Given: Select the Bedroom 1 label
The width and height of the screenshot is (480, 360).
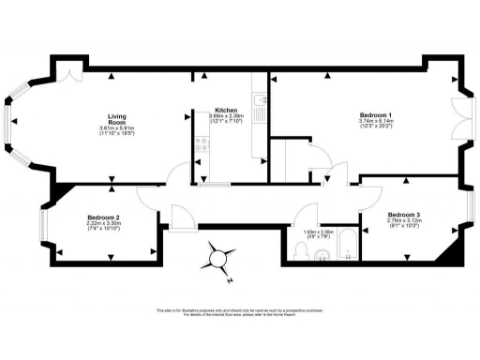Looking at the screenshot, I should (350, 114).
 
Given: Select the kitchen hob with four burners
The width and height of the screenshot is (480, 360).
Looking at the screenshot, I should (200, 143).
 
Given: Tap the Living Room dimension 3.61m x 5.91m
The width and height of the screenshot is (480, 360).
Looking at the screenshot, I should (116, 128).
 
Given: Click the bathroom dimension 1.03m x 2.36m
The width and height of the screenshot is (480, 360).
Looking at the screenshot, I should (319, 232).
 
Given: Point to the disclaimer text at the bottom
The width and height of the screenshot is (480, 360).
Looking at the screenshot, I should (239, 312).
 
